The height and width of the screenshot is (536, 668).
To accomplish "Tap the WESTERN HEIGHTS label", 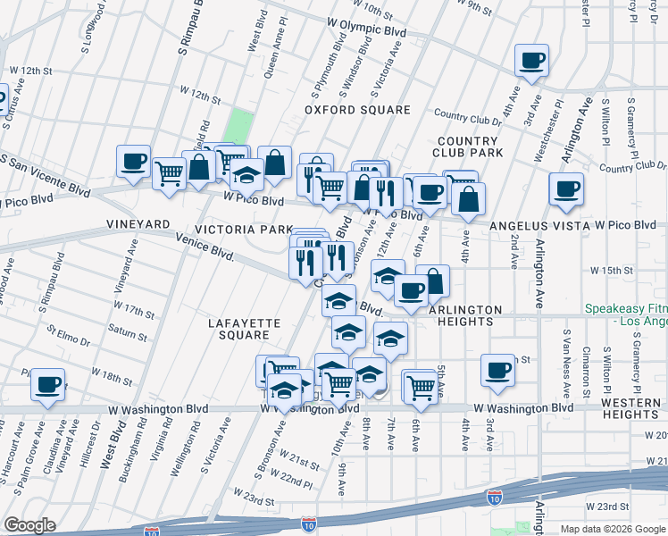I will (x=630, y=408).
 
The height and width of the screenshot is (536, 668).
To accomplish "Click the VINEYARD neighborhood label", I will (x=138, y=223).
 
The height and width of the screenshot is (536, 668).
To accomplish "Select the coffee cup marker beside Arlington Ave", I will (x=566, y=189).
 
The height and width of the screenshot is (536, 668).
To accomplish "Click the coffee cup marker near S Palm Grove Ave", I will (x=48, y=386).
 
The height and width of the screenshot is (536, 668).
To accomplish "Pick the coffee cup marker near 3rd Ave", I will (x=497, y=369).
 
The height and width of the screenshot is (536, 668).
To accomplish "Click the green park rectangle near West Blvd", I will (x=237, y=125).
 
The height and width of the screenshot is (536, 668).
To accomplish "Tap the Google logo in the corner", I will (x=30, y=525).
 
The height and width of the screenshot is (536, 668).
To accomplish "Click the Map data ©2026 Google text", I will (x=613, y=529).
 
